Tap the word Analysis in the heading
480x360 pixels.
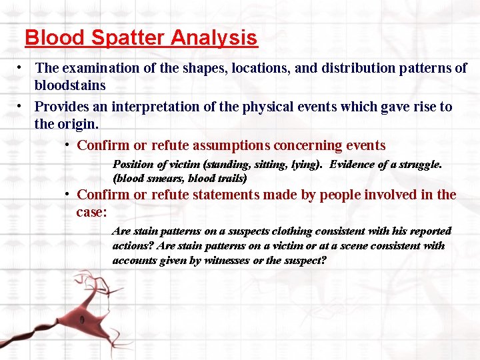pyautogui.click(x=214, y=37)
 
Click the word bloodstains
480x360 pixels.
pyautogui.click(x=70, y=85)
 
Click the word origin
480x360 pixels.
pyautogui.click(x=80, y=124)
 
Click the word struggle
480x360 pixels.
pyautogui.click(x=419, y=164)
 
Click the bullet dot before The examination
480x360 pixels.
pyautogui.click(x=22, y=68)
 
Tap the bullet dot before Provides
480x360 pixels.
pyautogui.click(x=22, y=107)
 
